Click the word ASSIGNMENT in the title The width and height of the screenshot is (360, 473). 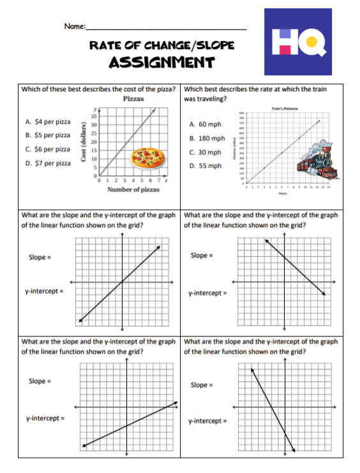(161, 62)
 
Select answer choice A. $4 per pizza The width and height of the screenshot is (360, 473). (48, 121)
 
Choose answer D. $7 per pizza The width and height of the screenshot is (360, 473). (48, 163)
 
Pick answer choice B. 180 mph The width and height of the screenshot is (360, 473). (207, 138)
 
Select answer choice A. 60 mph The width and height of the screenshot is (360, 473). (205, 124)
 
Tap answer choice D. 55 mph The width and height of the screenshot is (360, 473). (205, 166)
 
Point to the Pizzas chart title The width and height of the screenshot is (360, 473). (133, 100)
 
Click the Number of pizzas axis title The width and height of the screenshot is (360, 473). (133, 189)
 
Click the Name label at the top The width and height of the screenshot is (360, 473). (74, 26)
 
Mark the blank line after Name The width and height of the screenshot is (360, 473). (166, 29)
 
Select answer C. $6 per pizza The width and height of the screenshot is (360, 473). (48, 149)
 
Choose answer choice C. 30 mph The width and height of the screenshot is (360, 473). (205, 153)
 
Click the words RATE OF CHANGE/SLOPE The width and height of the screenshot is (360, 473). (161, 45)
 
